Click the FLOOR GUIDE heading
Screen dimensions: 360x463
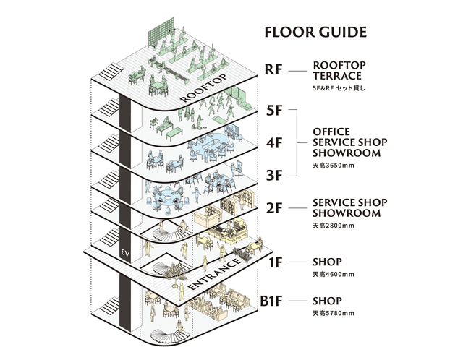click(315, 33)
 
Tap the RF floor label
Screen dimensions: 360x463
click(273, 70)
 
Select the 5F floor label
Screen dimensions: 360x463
click(273, 111)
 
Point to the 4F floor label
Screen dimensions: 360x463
click(273, 142)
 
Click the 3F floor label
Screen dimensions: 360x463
click(273, 174)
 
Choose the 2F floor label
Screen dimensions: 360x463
click(273, 208)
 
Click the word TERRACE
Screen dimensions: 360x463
click(337, 75)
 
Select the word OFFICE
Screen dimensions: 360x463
click(332, 132)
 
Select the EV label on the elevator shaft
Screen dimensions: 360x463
click(124, 254)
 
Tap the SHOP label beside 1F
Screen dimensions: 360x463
click(327, 262)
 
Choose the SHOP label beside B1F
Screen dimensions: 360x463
click(327, 301)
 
